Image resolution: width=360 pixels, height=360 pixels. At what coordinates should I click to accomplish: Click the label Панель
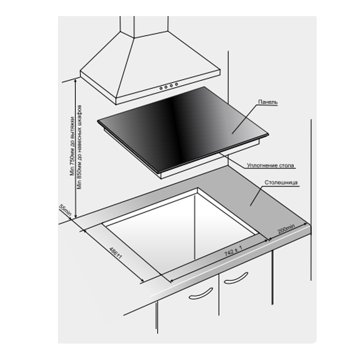268,102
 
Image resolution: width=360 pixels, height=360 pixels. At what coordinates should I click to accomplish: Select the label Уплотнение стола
270,165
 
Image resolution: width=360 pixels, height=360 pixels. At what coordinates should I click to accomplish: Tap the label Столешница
281,182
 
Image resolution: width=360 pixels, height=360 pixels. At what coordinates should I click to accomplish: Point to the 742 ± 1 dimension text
233,251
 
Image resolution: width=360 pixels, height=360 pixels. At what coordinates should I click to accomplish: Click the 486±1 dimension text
115,253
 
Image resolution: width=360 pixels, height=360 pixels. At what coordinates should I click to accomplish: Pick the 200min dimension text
287,229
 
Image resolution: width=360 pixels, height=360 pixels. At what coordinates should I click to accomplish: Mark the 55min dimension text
66,210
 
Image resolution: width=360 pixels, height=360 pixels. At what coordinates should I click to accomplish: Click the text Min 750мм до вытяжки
72,146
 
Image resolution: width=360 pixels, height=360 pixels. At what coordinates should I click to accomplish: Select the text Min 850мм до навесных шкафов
80,147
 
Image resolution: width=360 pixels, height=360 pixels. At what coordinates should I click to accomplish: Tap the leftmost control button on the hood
161,88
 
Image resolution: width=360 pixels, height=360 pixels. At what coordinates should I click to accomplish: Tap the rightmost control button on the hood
176,85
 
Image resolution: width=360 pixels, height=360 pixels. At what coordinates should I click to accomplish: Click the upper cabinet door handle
236,278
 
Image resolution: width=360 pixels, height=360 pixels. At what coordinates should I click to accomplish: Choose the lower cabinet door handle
200,294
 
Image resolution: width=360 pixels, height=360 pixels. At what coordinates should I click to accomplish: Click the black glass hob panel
183,130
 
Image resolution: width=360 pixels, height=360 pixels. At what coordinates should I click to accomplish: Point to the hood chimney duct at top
144,26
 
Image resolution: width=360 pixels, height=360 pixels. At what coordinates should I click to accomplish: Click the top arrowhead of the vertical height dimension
75,80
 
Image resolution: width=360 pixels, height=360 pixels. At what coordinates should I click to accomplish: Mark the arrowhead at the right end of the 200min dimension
306,224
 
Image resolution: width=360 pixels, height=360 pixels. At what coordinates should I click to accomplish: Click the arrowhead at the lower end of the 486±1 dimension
143,280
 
